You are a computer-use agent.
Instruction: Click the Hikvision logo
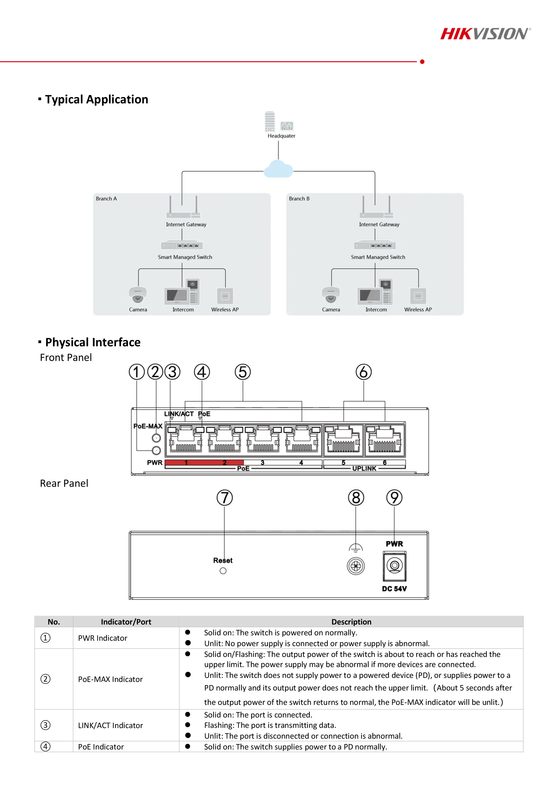[x=485, y=34]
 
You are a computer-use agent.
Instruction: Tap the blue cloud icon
[x=278, y=169]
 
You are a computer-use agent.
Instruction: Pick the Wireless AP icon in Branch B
[x=418, y=296]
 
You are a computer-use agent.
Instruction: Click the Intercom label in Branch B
[x=376, y=310]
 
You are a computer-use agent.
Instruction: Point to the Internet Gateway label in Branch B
[x=379, y=224]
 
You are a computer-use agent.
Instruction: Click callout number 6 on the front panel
[x=363, y=372]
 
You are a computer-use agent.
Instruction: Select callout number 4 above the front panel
[x=202, y=372]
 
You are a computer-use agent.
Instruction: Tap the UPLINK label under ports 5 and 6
[x=364, y=469]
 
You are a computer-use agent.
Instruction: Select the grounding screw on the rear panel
[x=356, y=566]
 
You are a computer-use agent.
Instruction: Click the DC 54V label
[x=394, y=589]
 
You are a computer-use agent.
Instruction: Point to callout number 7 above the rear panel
[x=224, y=498]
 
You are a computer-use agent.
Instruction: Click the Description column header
[x=351, y=622]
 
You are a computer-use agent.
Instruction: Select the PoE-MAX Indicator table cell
[x=110, y=679]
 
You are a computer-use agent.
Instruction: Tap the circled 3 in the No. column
[x=45, y=725]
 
